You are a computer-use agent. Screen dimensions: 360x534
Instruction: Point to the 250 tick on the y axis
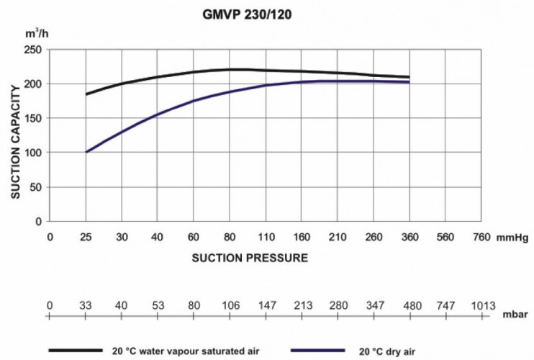click(x=33, y=50)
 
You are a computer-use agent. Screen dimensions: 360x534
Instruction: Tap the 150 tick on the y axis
click(x=33, y=118)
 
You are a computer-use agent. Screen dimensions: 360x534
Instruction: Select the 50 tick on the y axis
click(x=36, y=187)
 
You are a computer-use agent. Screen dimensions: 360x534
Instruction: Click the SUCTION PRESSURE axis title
click(x=250, y=257)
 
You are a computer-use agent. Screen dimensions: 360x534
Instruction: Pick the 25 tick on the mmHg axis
click(x=86, y=237)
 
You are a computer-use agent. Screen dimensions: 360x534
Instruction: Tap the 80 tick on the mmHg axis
click(x=230, y=237)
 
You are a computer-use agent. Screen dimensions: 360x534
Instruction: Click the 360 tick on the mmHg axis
click(x=409, y=237)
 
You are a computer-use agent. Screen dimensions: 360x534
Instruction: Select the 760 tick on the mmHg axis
click(x=481, y=237)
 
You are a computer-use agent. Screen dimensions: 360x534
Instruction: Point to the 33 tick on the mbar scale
click(x=86, y=306)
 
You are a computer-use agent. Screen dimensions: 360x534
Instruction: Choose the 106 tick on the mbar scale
click(x=230, y=306)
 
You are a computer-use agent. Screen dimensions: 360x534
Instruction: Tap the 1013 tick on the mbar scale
click(x=481, y=306)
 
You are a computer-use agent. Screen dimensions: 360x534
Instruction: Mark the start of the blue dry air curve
click(x=86, y=152)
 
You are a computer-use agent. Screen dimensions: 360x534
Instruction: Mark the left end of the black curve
click(x=86, y=94)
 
